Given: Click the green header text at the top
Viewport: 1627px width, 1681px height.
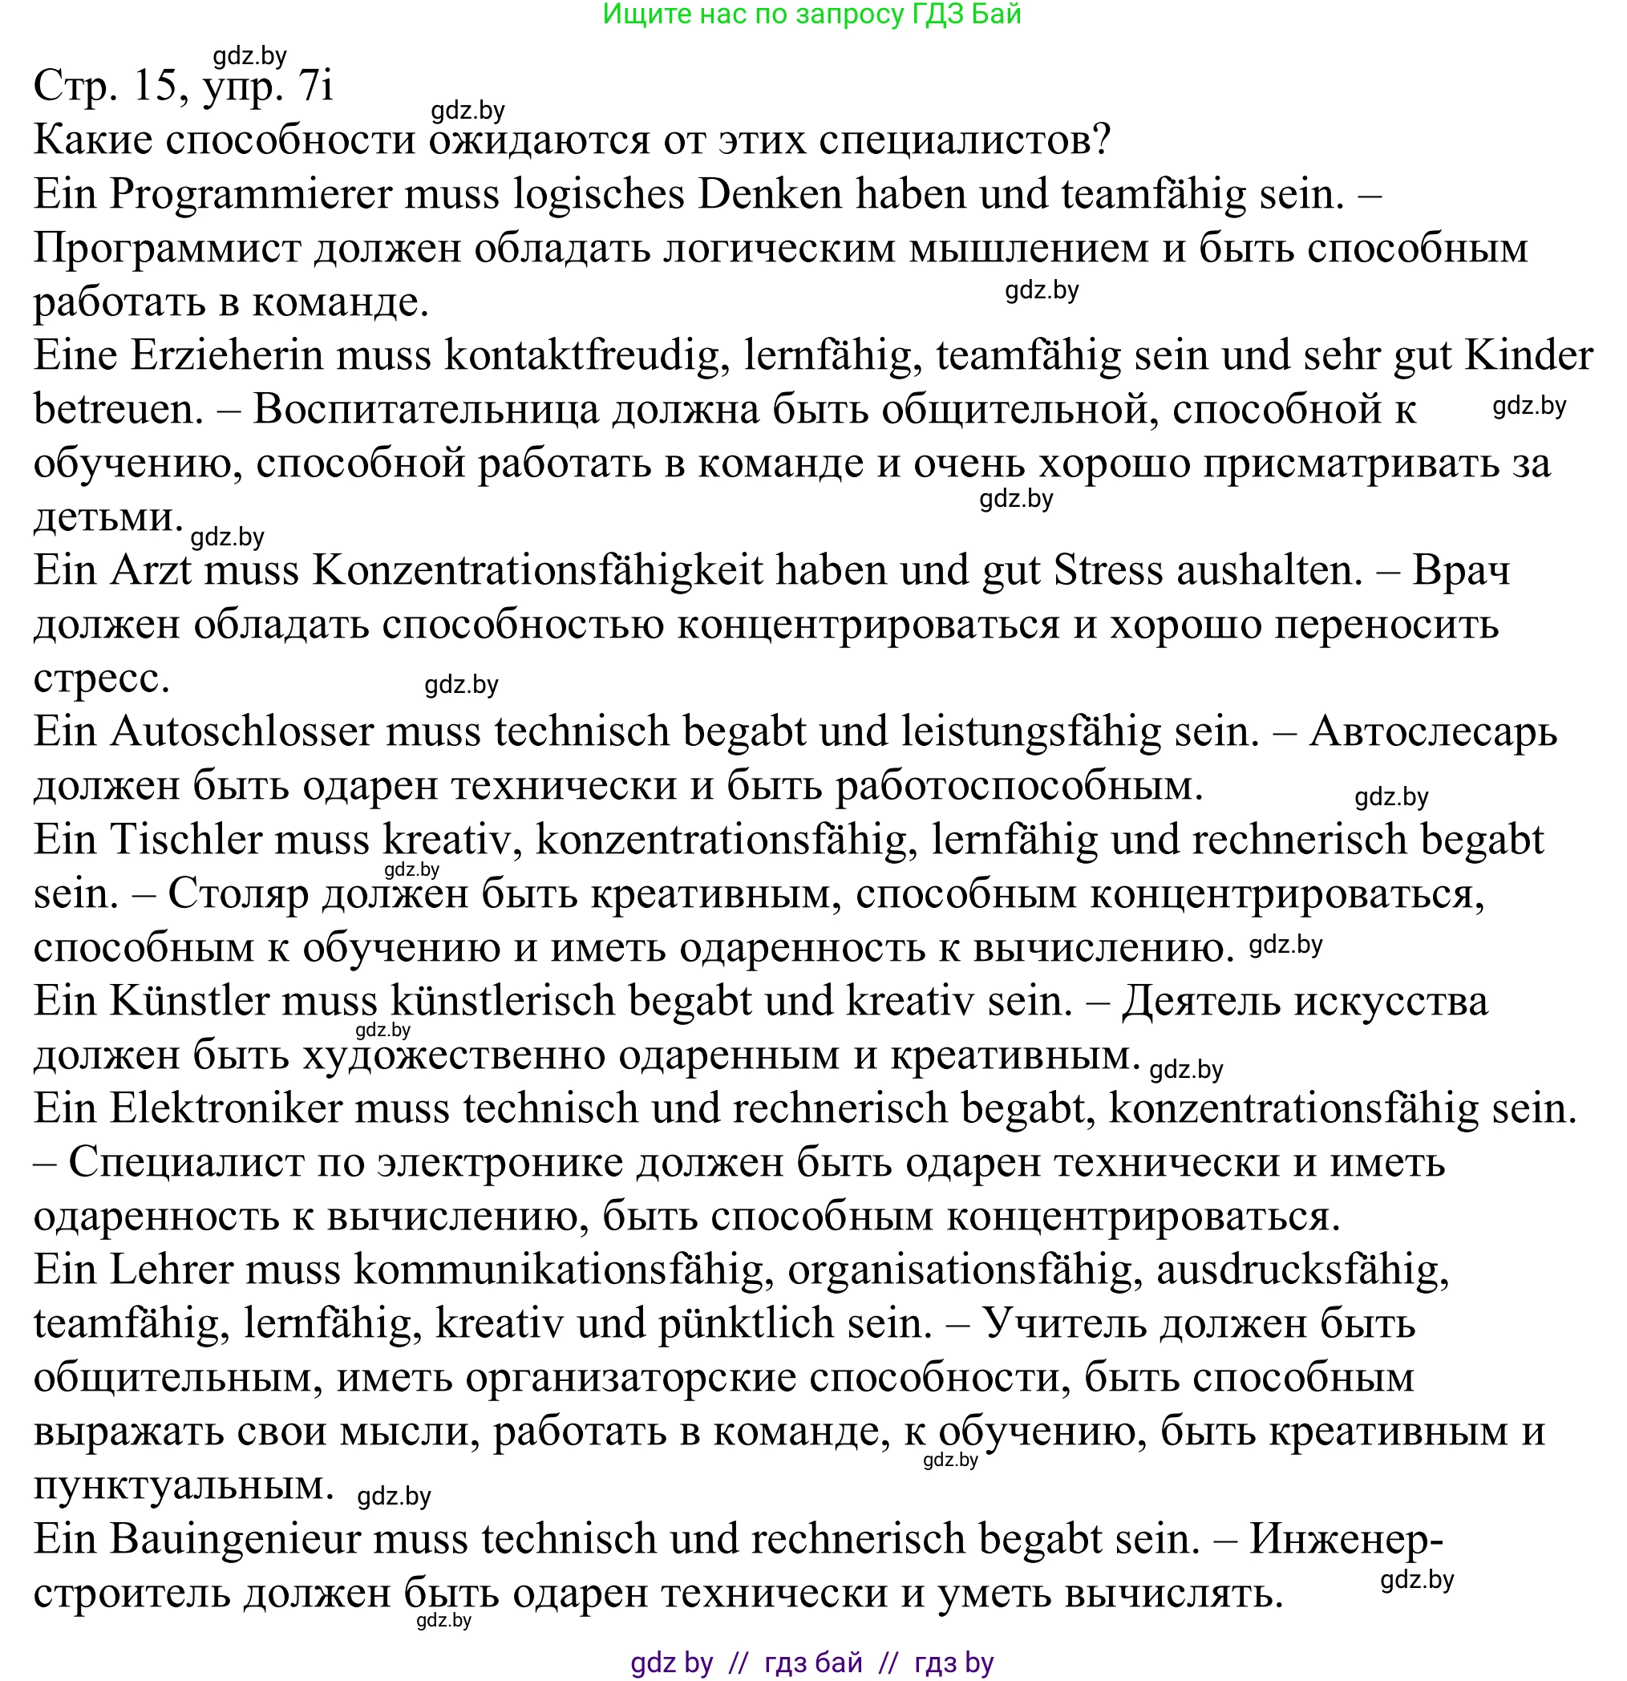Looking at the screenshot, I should [811, 14].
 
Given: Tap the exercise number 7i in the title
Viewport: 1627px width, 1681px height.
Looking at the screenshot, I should [315, 86].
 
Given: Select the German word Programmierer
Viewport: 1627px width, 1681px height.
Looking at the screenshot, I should [249, 195].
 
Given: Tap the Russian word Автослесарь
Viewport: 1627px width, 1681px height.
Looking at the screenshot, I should [1432, 732].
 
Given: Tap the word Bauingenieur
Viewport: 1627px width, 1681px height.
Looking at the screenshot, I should [234, 1540].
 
